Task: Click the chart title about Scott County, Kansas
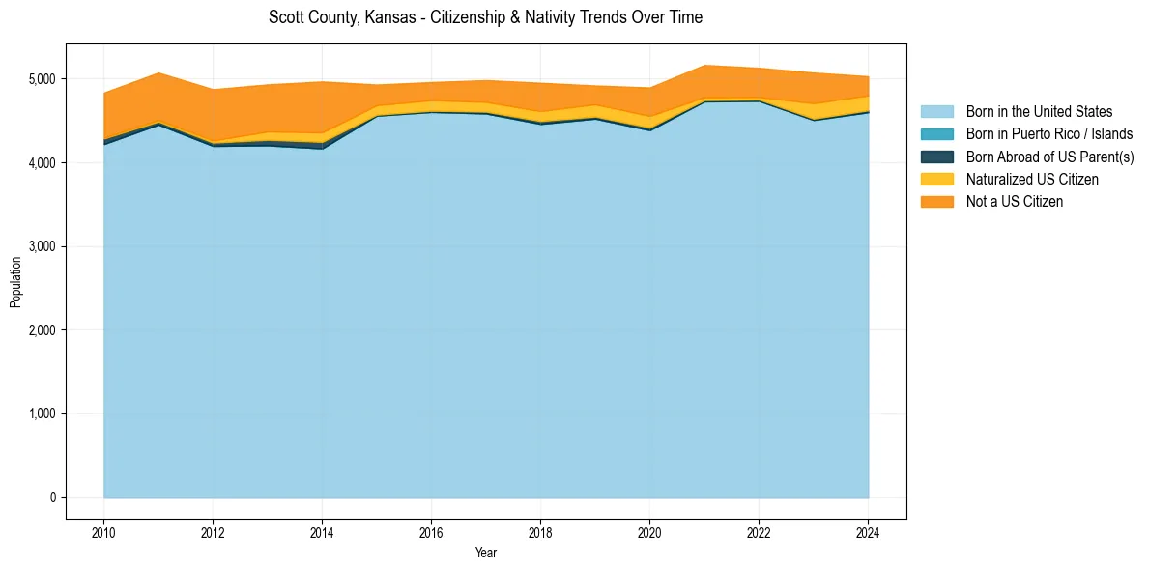coord(485,17)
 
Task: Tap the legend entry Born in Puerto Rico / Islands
coord(1049,134)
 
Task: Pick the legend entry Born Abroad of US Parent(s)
coord(1049,157)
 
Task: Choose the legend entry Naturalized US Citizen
coord(1032,179)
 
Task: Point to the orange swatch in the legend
coord(936,201)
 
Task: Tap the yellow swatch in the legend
coord(936,179)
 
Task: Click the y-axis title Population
coord(15,282)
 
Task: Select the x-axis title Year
coord(486,553)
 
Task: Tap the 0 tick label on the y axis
coord(52,498)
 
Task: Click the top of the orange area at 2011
coord(158,72)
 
